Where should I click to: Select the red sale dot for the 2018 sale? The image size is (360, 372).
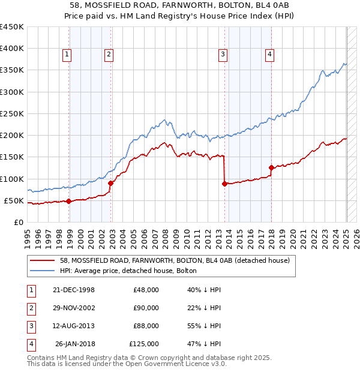pyautogui.click(x=271, y=167)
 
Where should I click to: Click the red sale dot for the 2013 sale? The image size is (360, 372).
pyautogui.click(x=224, y=184)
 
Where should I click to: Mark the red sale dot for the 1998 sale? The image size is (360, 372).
pyautogui.click(x=69, y=201)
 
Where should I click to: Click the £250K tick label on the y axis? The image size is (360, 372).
pyautogui.click(x=11, y=113)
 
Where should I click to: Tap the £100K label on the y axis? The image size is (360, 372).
pyautogui.click(x=11, y=179)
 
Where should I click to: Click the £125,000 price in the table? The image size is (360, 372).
pyautogui.click(x=144, y=344)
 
